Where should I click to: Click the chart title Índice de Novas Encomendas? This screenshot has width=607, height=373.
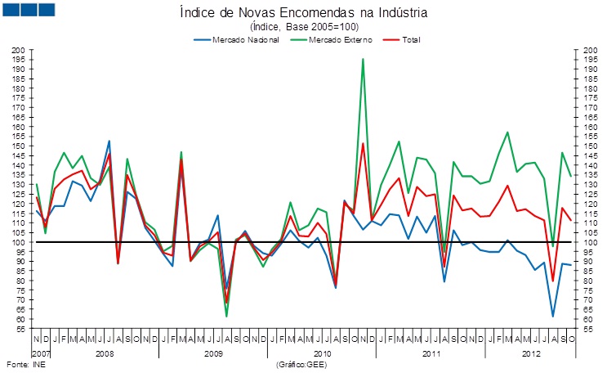302,13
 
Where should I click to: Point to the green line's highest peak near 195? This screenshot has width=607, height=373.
363,59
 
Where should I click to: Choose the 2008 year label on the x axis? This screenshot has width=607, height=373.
105,353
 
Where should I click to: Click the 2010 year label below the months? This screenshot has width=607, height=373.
322,353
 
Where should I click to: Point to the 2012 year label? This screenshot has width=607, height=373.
531,353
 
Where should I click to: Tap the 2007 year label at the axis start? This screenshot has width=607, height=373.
41,353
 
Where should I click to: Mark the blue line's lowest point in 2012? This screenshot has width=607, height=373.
553,317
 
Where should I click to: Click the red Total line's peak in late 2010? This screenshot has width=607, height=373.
363,144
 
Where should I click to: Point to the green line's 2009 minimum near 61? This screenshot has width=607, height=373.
226,316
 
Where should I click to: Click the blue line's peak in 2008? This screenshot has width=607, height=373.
109,141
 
